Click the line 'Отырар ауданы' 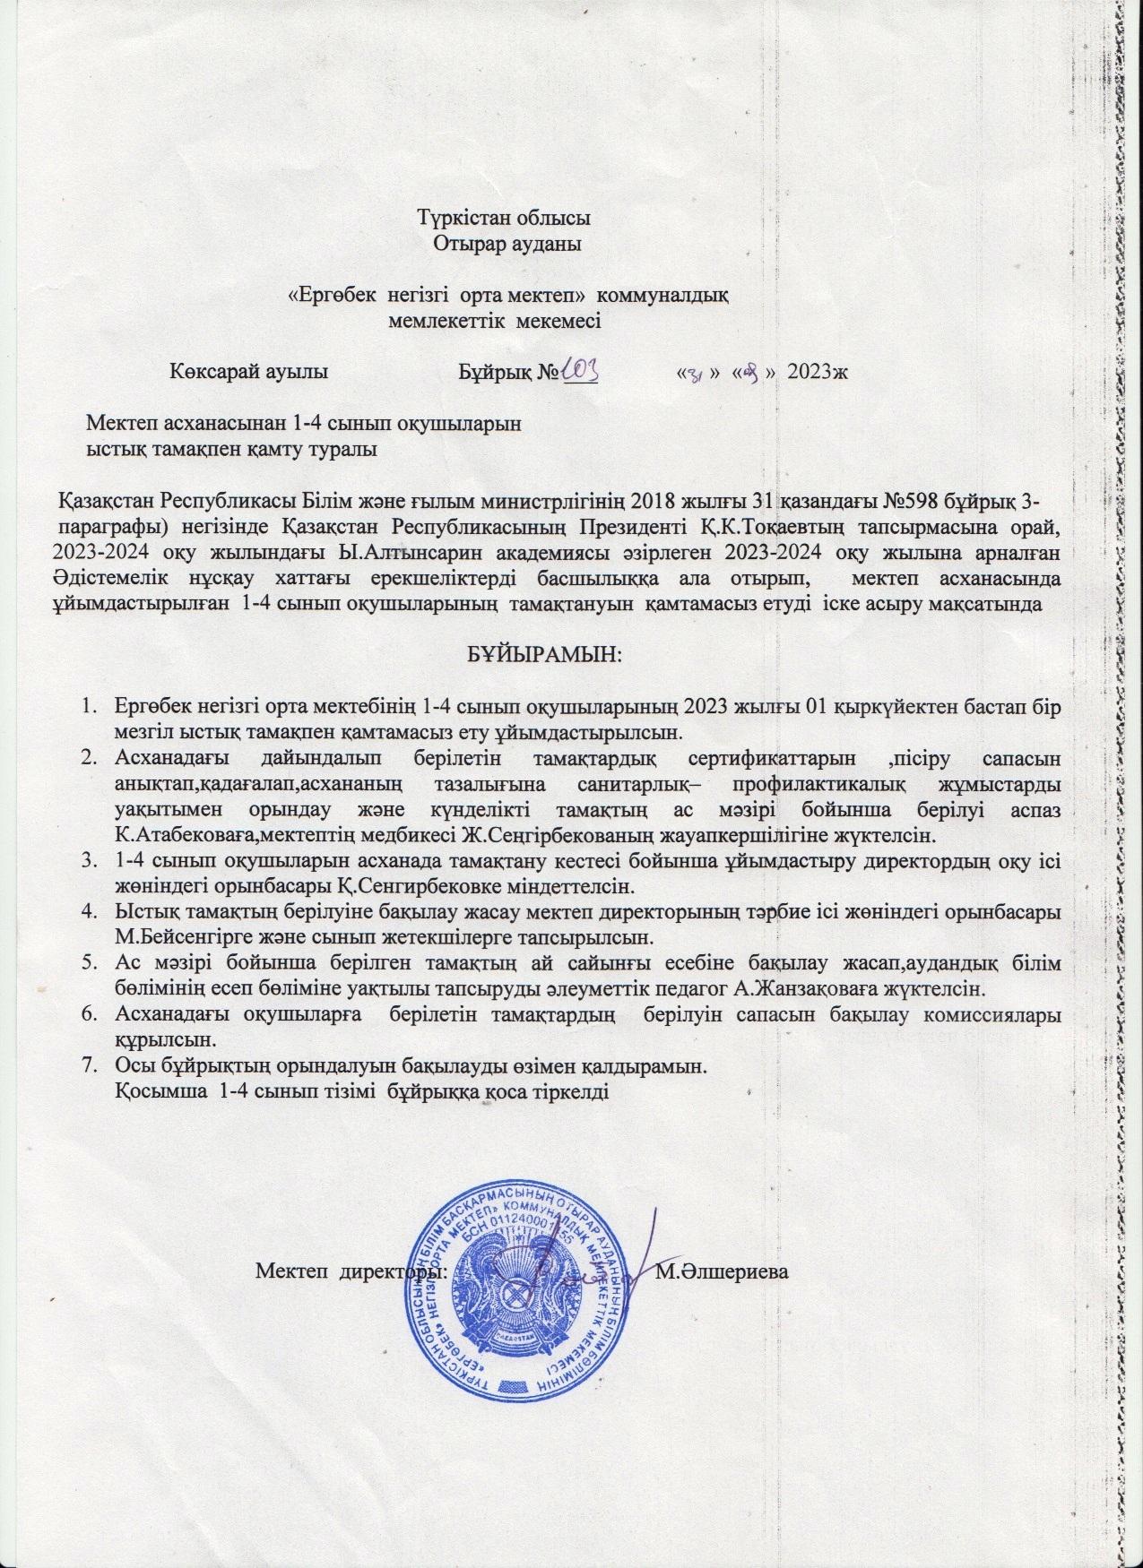coord(508,243)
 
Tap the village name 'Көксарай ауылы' coord(248,372)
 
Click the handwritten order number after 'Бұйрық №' coord(578,371)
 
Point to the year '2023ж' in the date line coord(817,372)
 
